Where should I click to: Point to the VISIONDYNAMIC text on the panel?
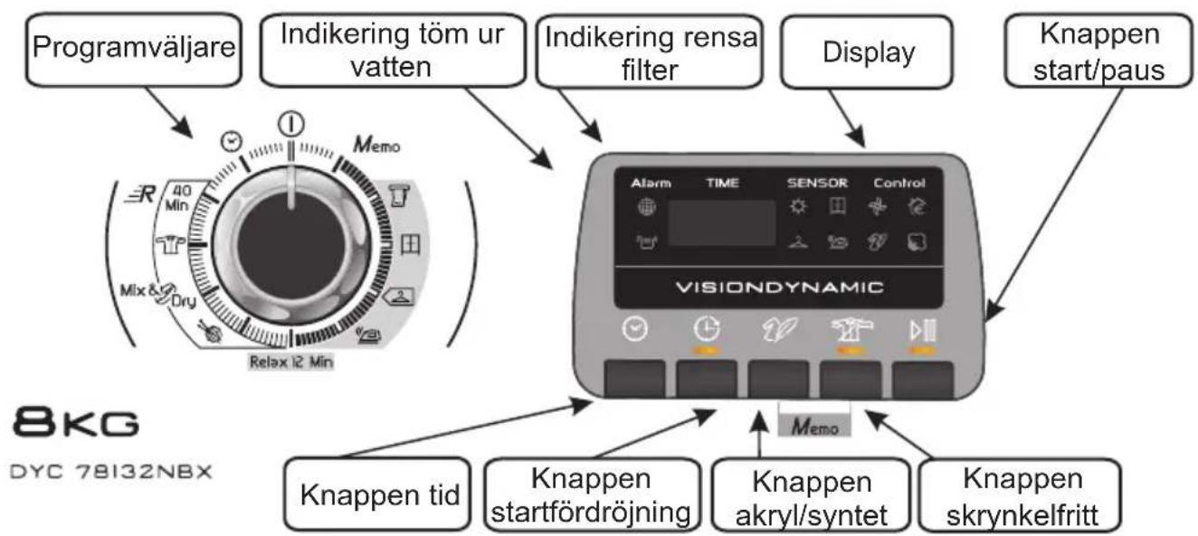783,289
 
